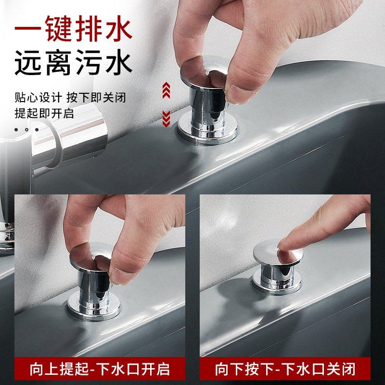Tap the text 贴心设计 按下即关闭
click(x=70, y=98)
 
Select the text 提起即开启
click(x=44, y=114)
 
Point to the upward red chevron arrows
click(x=166, y=90)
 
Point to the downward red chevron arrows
click(x=166, y=117)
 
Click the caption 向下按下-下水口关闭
click(x=285, y=369)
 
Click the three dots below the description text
click(x=26, y=129)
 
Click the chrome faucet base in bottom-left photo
click(x=7, y=236)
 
